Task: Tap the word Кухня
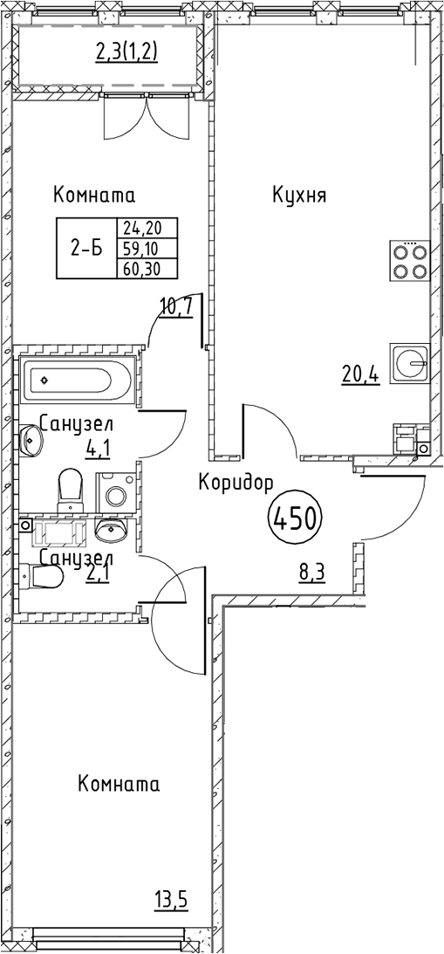pos(300,196)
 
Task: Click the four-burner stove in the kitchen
pos(410,260)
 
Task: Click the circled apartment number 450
pos(294,519)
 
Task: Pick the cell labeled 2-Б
pos(86,248)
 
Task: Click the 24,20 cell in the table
pos(147,228)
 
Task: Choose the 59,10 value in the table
pos(147,248)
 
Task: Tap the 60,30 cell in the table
pos(147,268)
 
